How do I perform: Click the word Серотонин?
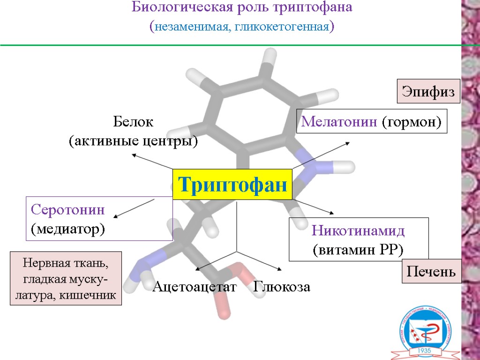(68, 210)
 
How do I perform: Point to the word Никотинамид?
(358, 231)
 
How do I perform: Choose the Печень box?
(431, 272)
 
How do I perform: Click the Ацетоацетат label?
(195, 287)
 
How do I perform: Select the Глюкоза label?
(282, 287)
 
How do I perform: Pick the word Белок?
(133, 123)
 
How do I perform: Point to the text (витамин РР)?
(358, 250)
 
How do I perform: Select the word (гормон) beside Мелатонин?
(412, 122)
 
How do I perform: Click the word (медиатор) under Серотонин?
(68, 229)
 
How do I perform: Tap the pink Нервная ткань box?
(66, 278)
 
